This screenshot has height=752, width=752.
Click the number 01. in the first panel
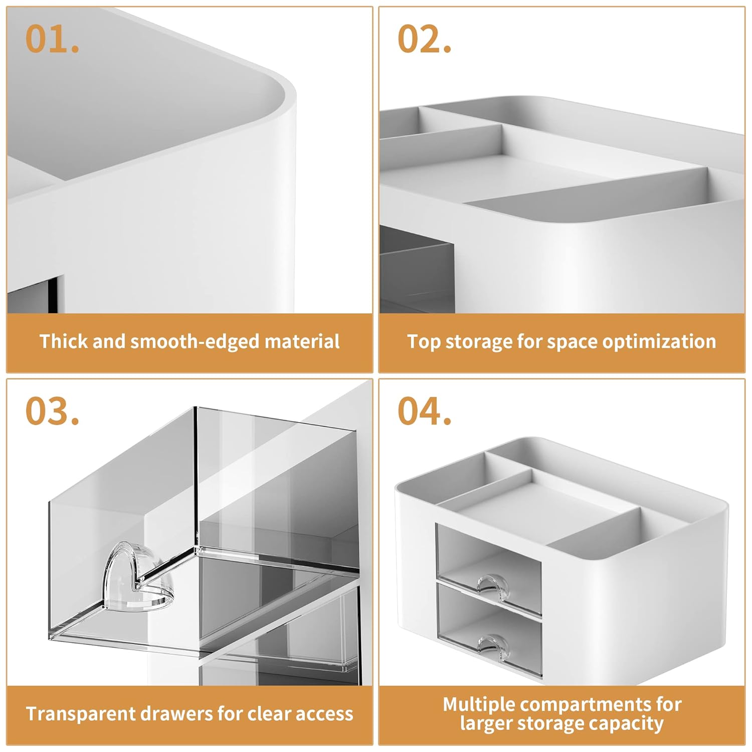pos(52,39)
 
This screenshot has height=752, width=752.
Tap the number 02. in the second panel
pos(424,39)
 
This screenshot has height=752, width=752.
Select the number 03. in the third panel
pos(52,411)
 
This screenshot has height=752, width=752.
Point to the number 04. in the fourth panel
pos(424,411)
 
